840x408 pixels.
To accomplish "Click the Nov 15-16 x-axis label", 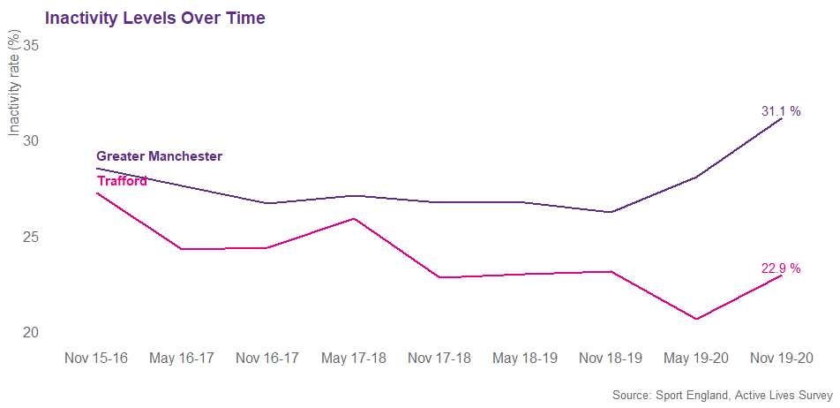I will tap(96, 358).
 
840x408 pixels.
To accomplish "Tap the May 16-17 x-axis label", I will tap(182, 358).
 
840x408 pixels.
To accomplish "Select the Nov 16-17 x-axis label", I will tap(267, 358).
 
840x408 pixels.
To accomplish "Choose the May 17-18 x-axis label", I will tap(353, 358).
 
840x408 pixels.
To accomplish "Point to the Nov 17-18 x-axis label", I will tap(439, 358).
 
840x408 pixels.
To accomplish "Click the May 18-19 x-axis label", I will tap(524, 358).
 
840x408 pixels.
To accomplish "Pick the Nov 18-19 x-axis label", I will tap(610, 358).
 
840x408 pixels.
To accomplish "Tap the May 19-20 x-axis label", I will tap(695, 358).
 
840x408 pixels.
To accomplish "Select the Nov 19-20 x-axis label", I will tap(781, 358).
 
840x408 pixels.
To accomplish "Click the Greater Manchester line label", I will tap(159, 156).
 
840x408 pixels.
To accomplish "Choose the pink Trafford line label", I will tap(122, 182).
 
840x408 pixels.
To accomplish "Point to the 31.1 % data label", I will tap(781, 111).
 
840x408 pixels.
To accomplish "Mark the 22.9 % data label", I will tap(781, 268).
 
